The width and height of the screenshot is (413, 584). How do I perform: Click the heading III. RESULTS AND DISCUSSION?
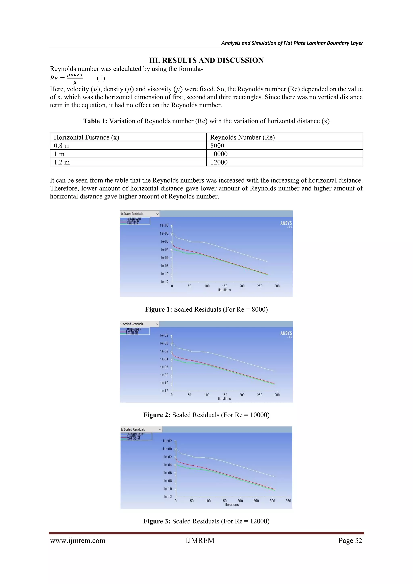click(x=206, y=60)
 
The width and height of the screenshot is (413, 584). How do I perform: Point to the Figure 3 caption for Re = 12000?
click(x=206, y=521)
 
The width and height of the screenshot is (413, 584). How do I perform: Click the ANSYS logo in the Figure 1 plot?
click(x=286, y=223)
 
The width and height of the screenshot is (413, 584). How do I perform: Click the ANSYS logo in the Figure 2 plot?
click(x=286, y=333)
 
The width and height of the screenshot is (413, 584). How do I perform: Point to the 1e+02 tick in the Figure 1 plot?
click(x=164, y=225)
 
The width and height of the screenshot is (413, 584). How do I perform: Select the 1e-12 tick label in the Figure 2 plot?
click(x=164, y=391)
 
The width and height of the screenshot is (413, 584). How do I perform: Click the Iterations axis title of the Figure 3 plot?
click(x=232, y=505)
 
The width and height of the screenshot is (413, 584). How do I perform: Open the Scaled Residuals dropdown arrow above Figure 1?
click(x=157, y=214)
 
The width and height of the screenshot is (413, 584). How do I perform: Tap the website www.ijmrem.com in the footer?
click(x=78, y=540)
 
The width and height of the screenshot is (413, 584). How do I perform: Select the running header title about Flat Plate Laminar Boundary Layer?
click(x=292, y=43)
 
